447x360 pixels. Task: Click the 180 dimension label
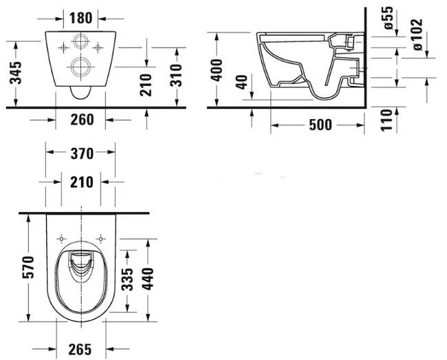coord(81,18)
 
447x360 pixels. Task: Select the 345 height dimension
coord(16,73)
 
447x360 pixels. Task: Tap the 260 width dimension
coord(82,120)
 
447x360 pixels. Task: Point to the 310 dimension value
coord(176,75)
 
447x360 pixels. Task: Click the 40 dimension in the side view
coord(242,82)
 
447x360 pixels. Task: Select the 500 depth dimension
coord(320,125)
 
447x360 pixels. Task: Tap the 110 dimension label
coord(387,120)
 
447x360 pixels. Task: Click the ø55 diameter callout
coord(389,18)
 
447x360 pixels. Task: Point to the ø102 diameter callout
coord(417,35)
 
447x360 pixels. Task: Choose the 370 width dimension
coord(82,153)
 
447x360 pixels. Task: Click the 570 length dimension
coord(28,267)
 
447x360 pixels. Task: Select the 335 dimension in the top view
coord(127,279)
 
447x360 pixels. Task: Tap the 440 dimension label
coord(148,279)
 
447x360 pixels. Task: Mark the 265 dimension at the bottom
coord(80,349)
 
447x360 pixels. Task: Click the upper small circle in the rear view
coord(82,41)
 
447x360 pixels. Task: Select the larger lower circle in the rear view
coord(80,67)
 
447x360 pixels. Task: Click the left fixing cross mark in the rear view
coord(63,47)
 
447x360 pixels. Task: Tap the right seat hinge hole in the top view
coord(100,238)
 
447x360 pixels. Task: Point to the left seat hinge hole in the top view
coord(61,238)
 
